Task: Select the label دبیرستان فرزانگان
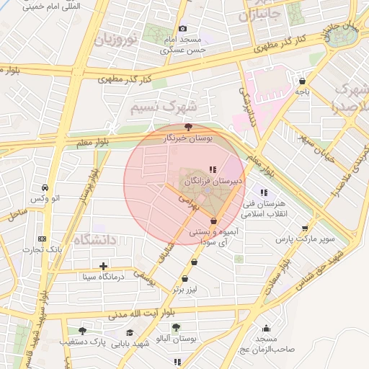[214, 183]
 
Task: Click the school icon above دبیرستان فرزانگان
[212, 170]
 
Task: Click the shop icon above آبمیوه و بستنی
[213, 221]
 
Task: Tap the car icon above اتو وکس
[45, 185]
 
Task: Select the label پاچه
[301, 92]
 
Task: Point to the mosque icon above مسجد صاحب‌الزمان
[266, 329]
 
